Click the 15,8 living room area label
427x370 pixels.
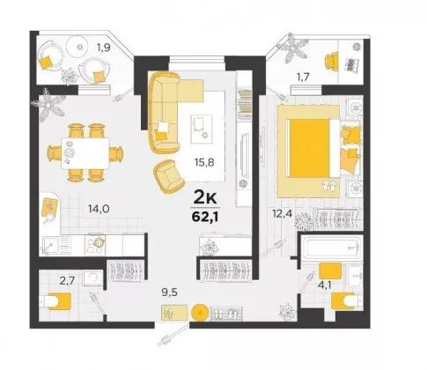click(204, 162)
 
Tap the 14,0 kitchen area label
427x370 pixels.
click(99, 209)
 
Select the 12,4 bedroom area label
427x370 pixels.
click(282, 214)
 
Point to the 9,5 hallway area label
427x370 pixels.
click(170, 292)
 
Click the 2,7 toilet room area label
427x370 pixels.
click(67, 281)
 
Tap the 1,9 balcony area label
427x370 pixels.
click(104, 48)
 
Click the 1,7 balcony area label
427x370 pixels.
click(303, 78)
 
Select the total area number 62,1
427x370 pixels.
click(204, 218)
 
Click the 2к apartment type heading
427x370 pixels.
click(205, 198)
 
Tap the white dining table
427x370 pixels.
click(85, 153)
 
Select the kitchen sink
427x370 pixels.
click(56, 246)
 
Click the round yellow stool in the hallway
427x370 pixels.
click(200, 312)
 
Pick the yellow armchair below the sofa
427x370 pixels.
click(169, 176)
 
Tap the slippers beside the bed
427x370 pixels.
click(329, 186)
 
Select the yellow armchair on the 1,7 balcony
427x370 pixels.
click(332, 61)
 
